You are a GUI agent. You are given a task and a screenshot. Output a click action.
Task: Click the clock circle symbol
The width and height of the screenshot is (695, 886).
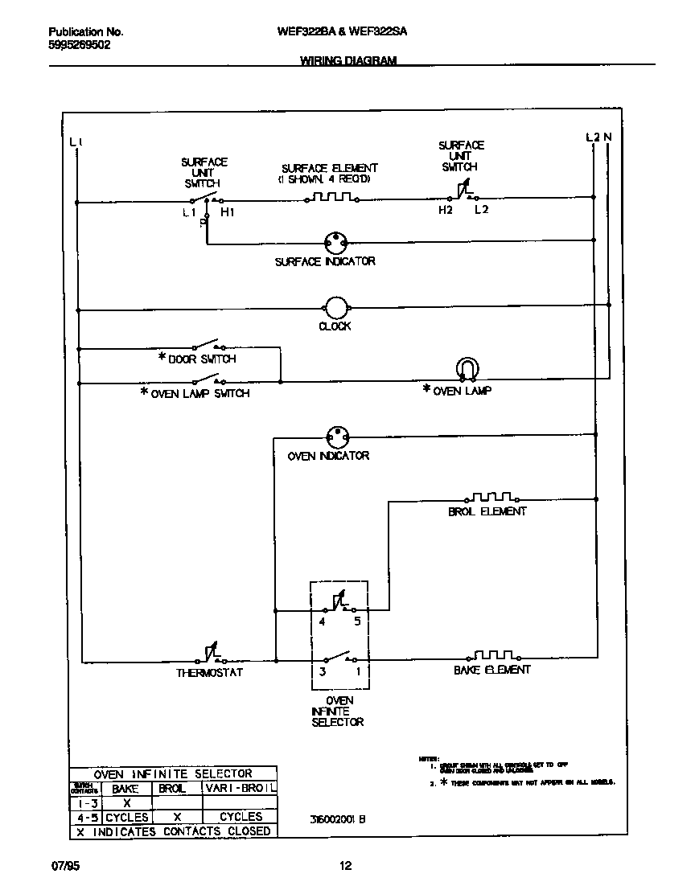(x=335, y=307)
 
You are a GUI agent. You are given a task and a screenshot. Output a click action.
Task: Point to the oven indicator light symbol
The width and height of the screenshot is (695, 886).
(x=338, y=437)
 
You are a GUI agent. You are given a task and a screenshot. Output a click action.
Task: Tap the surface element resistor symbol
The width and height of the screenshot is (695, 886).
(x=332, y=196)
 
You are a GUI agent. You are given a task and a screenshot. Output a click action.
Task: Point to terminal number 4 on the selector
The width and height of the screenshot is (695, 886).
(x=322, y=622)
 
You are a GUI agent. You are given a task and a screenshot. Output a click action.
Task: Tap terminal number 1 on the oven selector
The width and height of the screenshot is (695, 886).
(x=357, y=671)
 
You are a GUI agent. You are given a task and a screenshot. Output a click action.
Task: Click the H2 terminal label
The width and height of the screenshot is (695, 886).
(x=446, y=211)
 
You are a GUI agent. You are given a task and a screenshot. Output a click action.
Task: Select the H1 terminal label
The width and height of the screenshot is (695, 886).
(x=228, y=212)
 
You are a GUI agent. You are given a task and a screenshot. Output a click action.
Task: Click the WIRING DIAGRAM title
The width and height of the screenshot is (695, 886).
(x=348, y=60)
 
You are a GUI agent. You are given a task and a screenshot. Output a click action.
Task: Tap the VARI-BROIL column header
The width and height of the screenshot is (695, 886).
(x=241, y=789)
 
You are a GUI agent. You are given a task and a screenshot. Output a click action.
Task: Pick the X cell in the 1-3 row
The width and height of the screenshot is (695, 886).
(x=125, y=802)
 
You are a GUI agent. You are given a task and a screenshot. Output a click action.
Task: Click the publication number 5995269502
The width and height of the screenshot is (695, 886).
(x=80, y=46)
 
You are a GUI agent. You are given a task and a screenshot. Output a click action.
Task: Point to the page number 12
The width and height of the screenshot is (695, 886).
(x=345, y=866)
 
